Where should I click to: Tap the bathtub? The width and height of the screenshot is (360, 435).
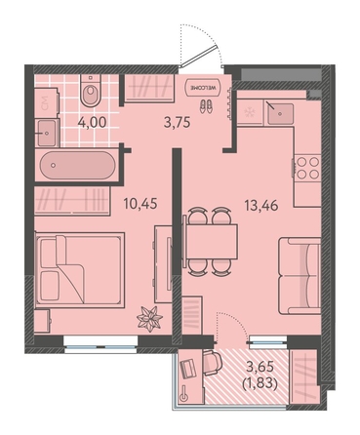click(x=77, y=165)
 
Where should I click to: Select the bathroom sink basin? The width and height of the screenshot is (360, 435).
click(x=47, y=133)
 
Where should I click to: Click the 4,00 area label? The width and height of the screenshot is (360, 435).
click(x=92, y=123)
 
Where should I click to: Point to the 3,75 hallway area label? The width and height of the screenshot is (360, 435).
click(x=177, y=123)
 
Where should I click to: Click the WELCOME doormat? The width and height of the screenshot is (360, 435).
click(x=203, y=88)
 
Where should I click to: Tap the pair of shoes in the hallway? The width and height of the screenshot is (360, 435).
click(x=206, y=106)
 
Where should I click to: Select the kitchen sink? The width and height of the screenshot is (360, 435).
click(x=280, y=114)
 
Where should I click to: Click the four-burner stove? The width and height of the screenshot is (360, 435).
click(x=307, y=168)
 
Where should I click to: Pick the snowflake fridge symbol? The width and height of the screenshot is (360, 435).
click(x=250, y=113)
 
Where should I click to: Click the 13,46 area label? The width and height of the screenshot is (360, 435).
click(x=261, y=205)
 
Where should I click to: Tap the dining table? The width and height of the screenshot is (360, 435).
click(x=211, y=241)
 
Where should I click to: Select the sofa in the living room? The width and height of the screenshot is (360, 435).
click(x=300, y=276)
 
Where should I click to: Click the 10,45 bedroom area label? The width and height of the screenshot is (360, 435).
click(x=140, y=204)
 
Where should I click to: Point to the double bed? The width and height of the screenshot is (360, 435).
click(x=80, y=269)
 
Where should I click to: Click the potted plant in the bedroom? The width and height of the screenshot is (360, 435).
click(x=149, y=319)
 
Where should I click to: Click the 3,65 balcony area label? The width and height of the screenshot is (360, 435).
click(x=260, y=367)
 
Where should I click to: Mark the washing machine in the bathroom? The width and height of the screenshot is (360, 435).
click(x=47, y=102)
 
